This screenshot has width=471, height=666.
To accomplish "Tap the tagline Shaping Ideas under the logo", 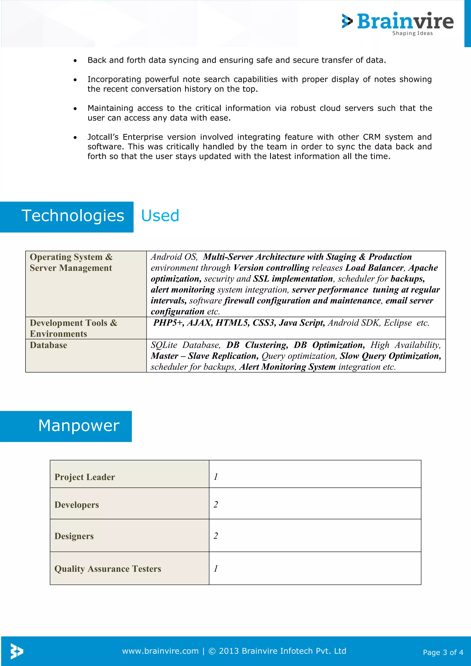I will pyautogui.click(x=412, y=33).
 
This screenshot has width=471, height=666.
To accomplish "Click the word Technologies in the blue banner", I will pyautogui.click(x=73, y=216).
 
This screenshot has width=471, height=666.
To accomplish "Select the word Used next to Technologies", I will pyautogui.click(x=160, y=216).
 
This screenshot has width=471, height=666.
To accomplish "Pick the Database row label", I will pyautogui.click(x=49, y=345).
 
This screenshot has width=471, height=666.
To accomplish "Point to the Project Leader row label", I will pyautogui.click(x=85, y=477).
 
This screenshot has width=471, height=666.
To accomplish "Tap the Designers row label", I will pyautogui.click(x=74, y=536).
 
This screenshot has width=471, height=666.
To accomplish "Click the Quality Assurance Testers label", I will pyautogui.click(x=108, y=569).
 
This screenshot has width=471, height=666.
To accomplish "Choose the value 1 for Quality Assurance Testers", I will pyautogui.click(x=216, y=568).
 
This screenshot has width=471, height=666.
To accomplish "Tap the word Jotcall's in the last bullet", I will pyautogui.click(x=103, y=137).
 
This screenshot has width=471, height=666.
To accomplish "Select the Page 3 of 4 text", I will pyautogui.click(x=443, y=652).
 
